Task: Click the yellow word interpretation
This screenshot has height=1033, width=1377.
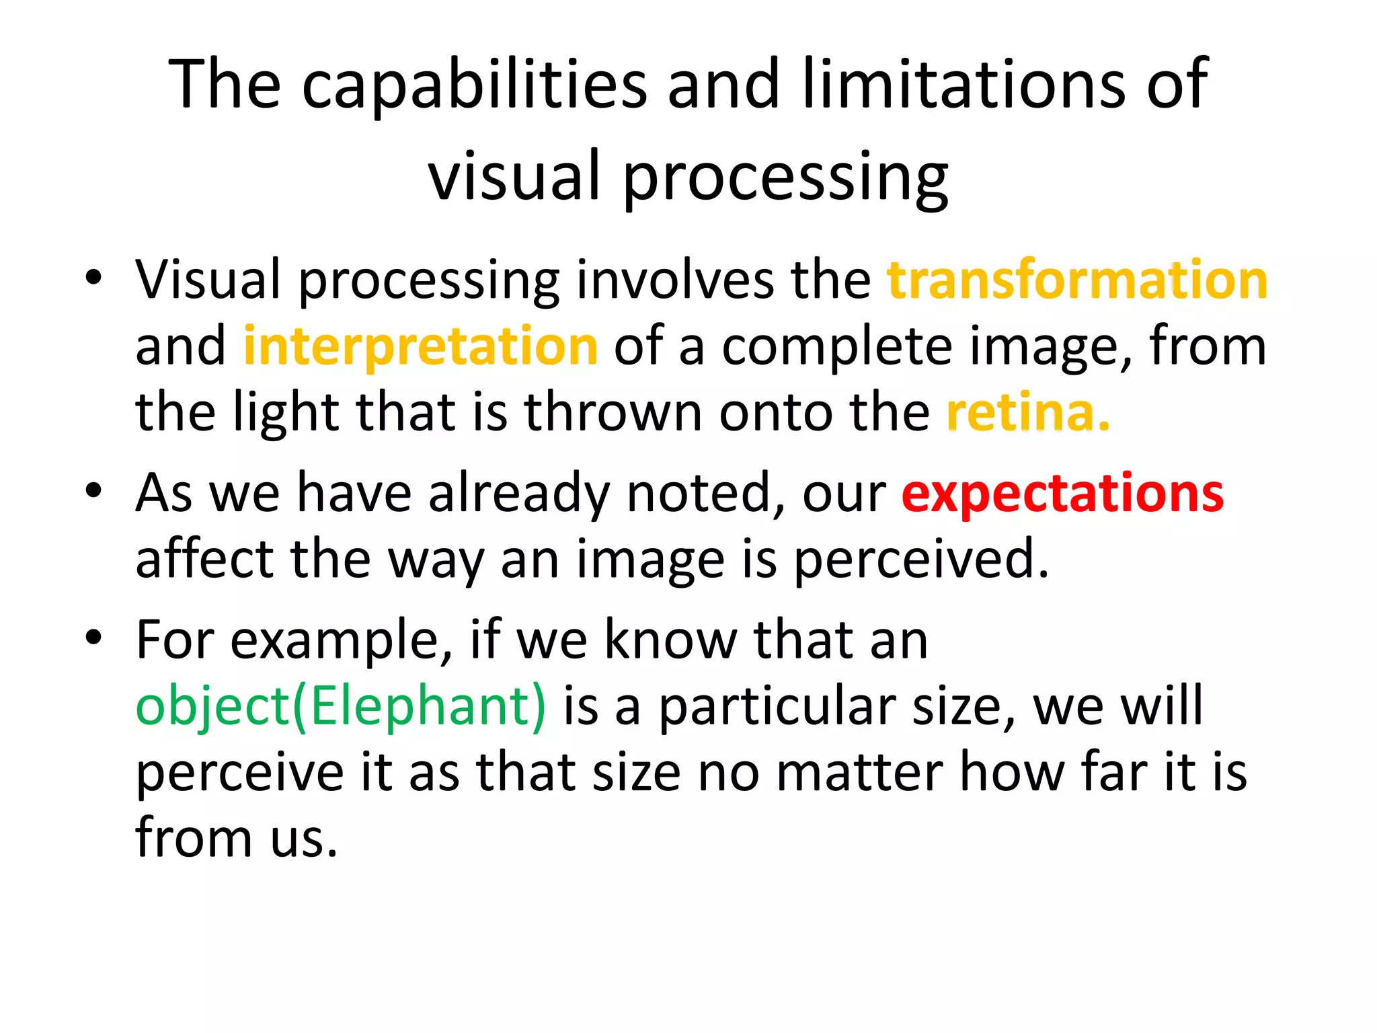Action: point(420,346)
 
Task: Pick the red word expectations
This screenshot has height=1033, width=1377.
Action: point(1062,493)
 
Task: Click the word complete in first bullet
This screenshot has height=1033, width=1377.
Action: point(837,347)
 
